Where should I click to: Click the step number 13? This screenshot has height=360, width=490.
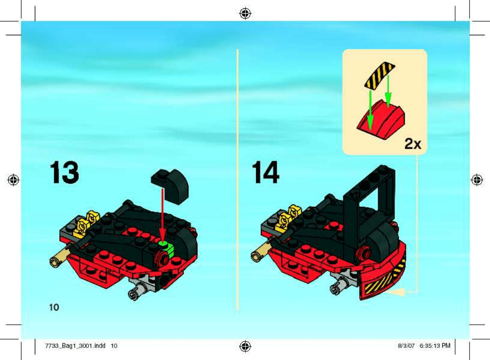pos(64,172)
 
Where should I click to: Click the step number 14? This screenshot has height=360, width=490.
pos(265,172)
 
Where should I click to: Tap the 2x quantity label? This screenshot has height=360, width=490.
pos(413,144)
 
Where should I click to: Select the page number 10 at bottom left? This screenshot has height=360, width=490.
pos(54,308)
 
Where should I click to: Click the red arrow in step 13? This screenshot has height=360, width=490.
pos(162,215)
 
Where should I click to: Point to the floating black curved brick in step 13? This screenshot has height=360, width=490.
pos(170,187)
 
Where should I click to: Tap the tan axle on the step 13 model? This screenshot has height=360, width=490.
pos(60,256)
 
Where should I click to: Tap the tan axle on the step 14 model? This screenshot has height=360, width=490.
pos(261,251)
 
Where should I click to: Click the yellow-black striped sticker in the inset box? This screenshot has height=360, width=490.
pos(380,76)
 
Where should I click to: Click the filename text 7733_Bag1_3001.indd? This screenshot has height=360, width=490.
pos(75,346)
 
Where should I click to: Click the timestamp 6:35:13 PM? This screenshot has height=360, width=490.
pos(435,346)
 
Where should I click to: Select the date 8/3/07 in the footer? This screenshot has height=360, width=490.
pos(406,346)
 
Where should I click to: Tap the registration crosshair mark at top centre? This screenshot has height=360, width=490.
pos(245,14)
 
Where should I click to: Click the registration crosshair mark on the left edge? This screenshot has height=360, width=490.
pos(13,180)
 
